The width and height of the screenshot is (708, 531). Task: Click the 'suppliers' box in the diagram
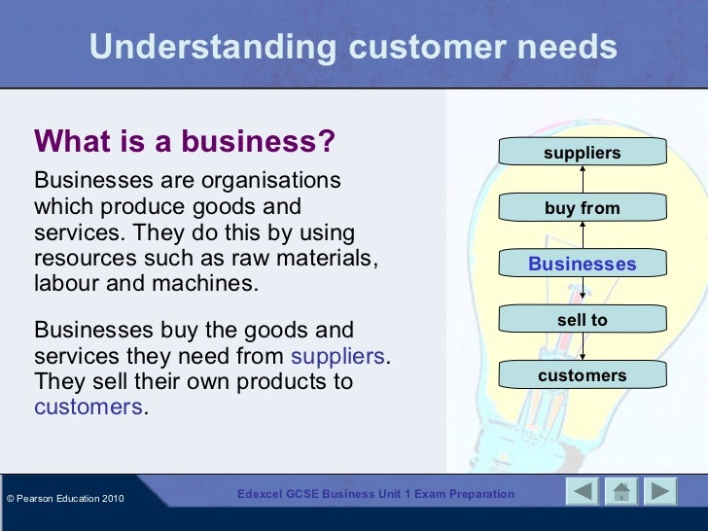click(582, 153)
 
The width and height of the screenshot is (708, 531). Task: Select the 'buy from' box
click(582, 208)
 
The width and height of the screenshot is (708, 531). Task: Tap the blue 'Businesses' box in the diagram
click(582, 264)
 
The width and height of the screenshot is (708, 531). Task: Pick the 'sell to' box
click(582, 320)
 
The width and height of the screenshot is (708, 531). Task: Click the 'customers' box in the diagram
click(582, 375)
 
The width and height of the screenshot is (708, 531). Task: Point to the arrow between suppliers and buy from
click(582, 180)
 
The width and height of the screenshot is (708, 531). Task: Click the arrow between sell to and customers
click(582, 347)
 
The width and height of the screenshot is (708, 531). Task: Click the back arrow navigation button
click(583, 493)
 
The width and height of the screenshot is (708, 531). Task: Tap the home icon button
click(621, 493)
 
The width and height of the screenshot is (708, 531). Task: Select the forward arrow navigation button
click(660, 493)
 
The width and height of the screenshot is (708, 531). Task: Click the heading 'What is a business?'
click(185, 142)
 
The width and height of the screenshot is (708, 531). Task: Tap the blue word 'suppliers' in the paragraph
click(338, 356)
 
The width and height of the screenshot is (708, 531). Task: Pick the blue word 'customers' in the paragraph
click(88, 407)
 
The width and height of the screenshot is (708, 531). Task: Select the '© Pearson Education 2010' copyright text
click(65, 499)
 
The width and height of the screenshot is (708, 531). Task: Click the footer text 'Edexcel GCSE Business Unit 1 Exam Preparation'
click(376, 494)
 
